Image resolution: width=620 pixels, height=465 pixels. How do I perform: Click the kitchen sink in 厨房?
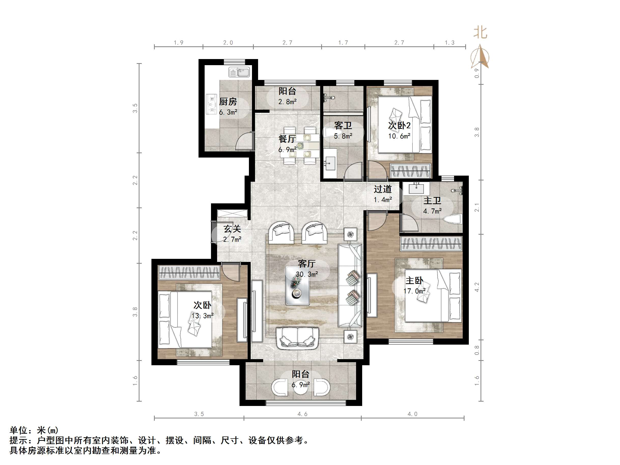(239, 72)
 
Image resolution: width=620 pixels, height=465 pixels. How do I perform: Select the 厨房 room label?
(228, 102)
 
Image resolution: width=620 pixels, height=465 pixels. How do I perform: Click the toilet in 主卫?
(453, 219)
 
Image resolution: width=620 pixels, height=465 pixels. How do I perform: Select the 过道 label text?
(382, 189)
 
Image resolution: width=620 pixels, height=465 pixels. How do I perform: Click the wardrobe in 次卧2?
(410, 171)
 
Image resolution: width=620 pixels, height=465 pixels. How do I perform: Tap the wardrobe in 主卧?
(431, 243)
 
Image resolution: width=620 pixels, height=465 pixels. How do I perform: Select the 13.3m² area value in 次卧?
(202, 316)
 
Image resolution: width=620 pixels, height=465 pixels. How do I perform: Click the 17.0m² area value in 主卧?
(414, 291)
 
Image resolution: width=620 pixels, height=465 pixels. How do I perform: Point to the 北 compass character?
(480, 33)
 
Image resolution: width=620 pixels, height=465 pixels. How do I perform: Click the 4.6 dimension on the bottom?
(302, 414)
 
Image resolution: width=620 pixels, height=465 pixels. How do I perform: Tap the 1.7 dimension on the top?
(343, 43)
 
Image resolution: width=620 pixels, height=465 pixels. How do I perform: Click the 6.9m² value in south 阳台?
(301, 385)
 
